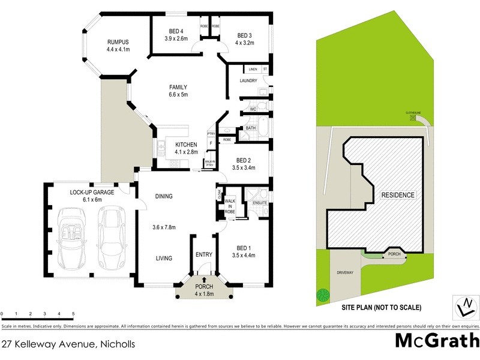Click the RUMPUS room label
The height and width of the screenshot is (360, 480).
point(118,41)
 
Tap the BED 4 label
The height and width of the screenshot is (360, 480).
point(176,31)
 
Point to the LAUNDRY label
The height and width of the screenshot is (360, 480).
point(248,81)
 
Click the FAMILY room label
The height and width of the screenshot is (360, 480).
point(178,87)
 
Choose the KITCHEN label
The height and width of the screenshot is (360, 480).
point(186,145)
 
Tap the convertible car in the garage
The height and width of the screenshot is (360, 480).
point(72,235)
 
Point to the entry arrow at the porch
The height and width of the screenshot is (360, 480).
point(204,280)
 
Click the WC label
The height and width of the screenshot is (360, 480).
point(253,109)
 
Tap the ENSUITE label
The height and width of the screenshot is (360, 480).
point(260,203)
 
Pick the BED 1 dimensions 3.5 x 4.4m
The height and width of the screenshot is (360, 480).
point(243,254)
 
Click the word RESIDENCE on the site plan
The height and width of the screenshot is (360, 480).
point(397,196)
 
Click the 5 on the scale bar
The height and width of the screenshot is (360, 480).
point(73,314)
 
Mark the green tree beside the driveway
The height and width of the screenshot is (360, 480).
point(323,295)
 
